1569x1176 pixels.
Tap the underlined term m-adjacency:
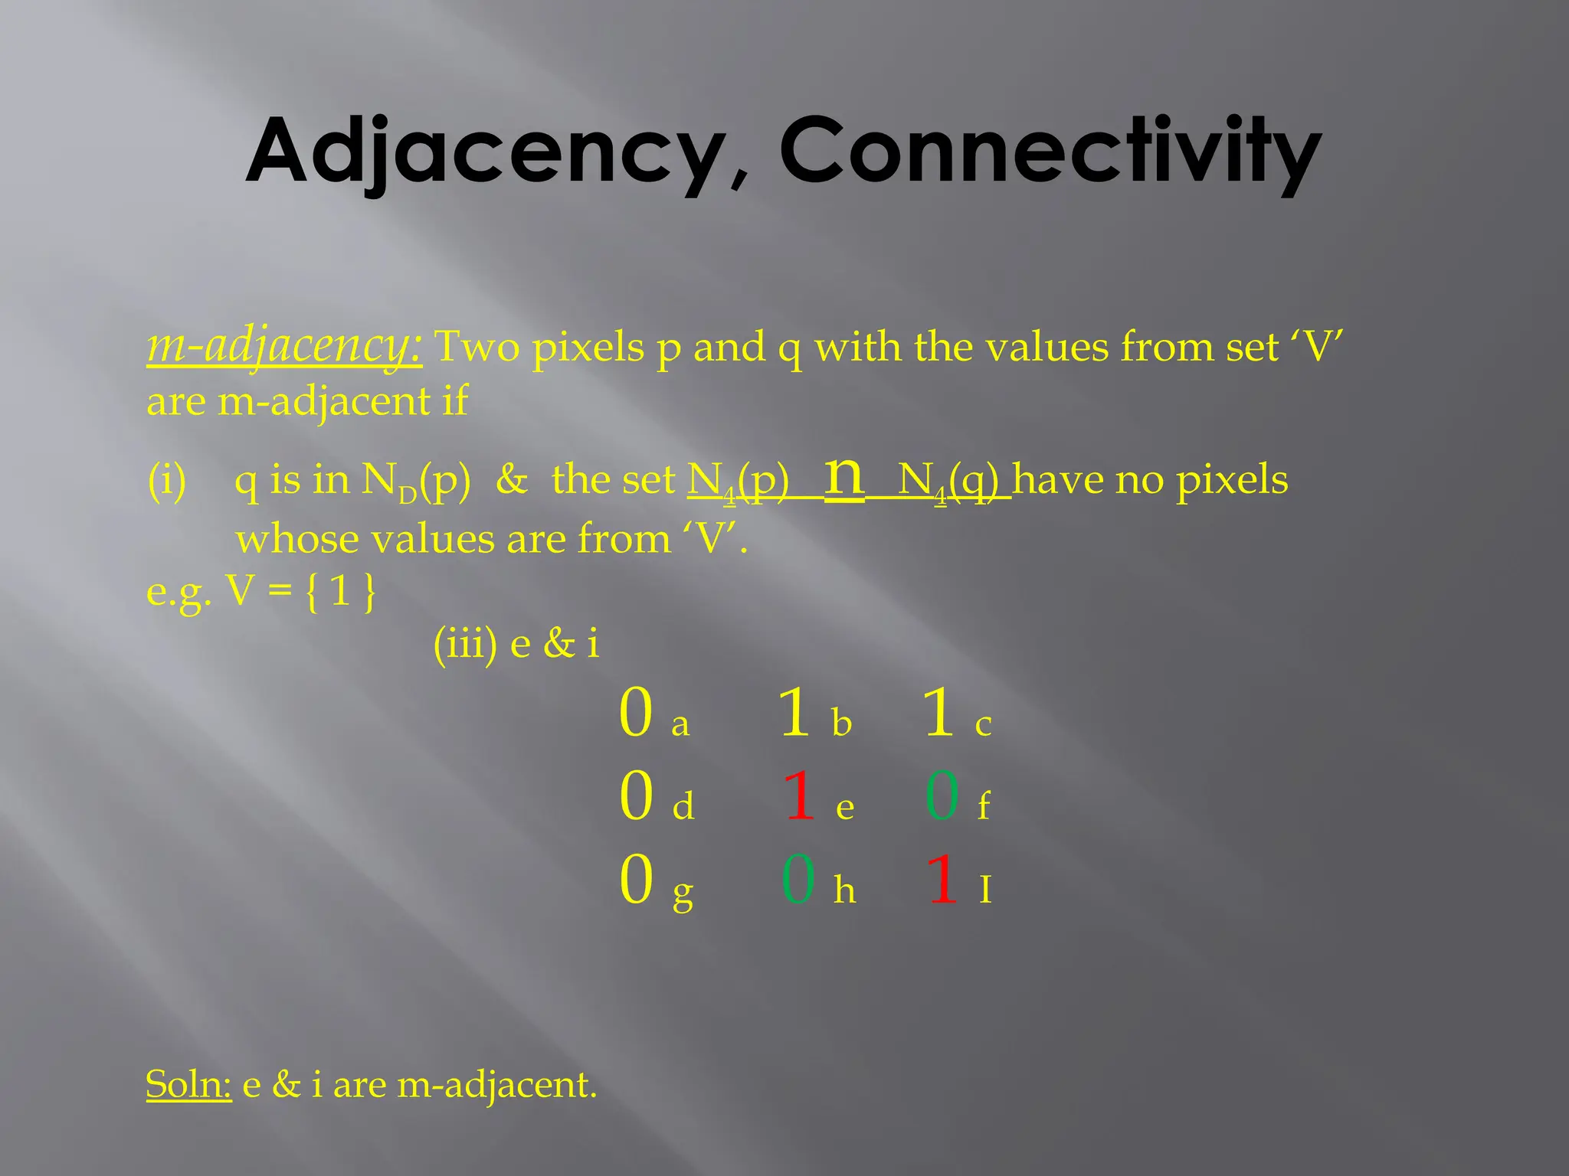pos(283,347)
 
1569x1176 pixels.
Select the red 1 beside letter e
pos(799,795)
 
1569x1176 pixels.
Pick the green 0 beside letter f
pos(942,795)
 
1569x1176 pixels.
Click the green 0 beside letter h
pos(798,880)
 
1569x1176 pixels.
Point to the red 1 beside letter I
pos(942,880)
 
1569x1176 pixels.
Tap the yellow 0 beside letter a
pos(636,713)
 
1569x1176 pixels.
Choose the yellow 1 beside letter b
pos(794,713)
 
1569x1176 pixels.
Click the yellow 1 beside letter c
pos(938,713)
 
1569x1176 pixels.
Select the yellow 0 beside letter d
pos(636,795)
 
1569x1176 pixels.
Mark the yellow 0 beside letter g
pos(636,880)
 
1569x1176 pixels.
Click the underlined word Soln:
pos(188,1084)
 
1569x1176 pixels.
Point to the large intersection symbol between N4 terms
pos(844,478)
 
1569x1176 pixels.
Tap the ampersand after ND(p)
pos(512,480)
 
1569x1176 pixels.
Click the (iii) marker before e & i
pos(465,642)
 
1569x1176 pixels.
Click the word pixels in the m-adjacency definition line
pos(588,348)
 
